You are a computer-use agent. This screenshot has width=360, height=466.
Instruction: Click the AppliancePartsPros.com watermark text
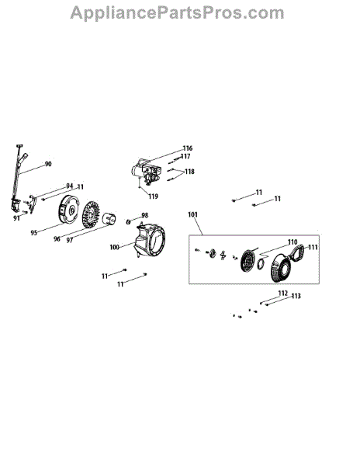tap(177, 13)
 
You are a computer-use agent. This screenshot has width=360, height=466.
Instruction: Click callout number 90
tap(48, 164)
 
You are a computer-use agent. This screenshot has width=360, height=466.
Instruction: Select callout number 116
tap(188, 148)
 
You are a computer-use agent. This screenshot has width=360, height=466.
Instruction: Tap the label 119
tap(153, 196)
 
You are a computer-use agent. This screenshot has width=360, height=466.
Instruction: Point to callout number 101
tap(192, 214)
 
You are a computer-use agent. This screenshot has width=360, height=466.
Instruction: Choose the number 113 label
tap(296, 296)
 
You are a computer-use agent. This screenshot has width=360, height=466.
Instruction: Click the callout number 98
tap(144, 215)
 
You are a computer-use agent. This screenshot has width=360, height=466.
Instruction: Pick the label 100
tap(114, 247)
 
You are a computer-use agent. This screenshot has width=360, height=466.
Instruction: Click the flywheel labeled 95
tap(69, 210)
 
